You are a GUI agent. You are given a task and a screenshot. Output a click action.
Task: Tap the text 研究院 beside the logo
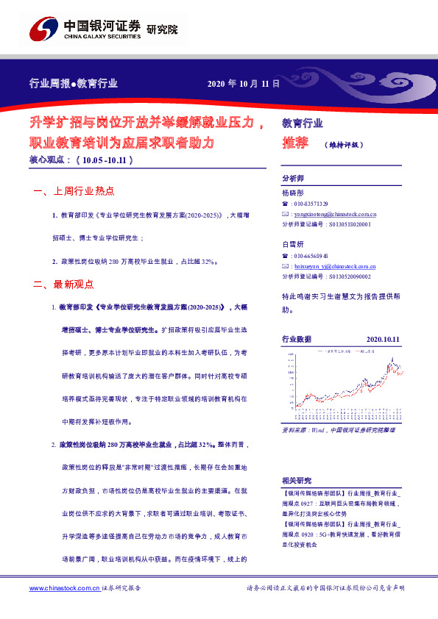click(x=162, y=29)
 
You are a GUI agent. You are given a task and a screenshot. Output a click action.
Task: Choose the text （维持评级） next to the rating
click(x=343, y=145)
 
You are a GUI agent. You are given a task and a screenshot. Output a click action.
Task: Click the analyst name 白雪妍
click(x=292, y=244)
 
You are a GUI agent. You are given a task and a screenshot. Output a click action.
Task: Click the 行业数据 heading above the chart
click(x=297, y=339)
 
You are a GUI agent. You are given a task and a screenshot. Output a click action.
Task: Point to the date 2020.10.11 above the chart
click(x=382, y=339)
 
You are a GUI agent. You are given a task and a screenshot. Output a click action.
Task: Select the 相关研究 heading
click(x=297, y=479)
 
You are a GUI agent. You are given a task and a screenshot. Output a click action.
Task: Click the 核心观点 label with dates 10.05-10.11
click(x=80, y=159)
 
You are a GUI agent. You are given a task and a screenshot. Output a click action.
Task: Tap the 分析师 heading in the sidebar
click(x=293, y=179)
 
